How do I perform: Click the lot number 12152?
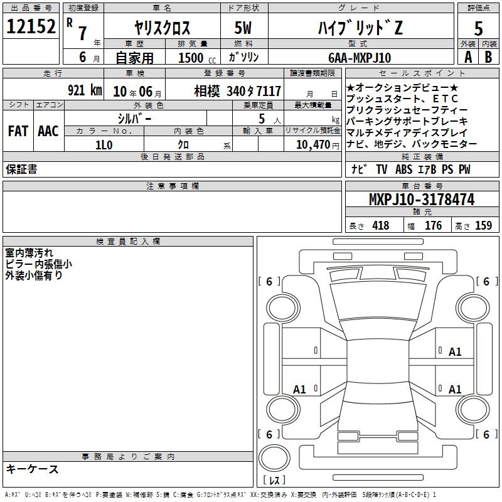coord(31,26)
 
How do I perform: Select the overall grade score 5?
coord(478,28)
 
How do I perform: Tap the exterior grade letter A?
coord(468,57)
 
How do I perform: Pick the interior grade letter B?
coord(488,57)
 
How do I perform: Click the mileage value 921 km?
coord(85,90)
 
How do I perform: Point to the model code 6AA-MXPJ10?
coord(360,58)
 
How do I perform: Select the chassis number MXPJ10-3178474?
coord(422,200)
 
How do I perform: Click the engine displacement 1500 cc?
coord(197,58)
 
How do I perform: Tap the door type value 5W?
coord(243,28)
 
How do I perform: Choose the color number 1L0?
coord(104,145)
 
